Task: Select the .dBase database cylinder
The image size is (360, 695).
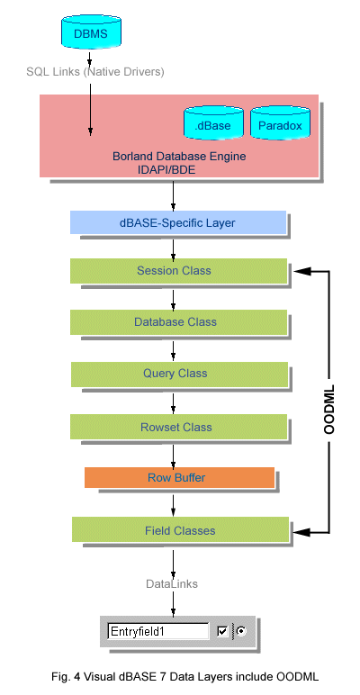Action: click(213, 122)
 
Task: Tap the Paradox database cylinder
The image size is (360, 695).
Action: click(280, 122)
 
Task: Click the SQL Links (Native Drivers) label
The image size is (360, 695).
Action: click(94, 71)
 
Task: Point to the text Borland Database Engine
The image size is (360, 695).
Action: click(179, 157)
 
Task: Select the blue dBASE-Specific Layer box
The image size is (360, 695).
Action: click(178, 222)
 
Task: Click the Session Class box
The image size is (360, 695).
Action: click(178, 271)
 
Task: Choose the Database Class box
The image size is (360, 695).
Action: click(178, 322)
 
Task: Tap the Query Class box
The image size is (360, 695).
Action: click(179, 375)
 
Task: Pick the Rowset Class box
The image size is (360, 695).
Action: click(178, 428)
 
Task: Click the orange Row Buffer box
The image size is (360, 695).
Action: click(180, 478)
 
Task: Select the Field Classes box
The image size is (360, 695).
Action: click(180, 529)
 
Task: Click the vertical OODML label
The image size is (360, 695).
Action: click(329, 408)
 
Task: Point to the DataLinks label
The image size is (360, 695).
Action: click(172, 583)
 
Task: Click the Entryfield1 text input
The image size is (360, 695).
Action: click(158, 631)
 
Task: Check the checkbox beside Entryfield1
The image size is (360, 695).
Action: click(222, 632)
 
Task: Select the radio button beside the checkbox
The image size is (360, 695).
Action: click(241, 631)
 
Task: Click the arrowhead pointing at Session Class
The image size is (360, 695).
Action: click(301, 271)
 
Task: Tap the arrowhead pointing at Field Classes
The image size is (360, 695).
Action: click(301, 529)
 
